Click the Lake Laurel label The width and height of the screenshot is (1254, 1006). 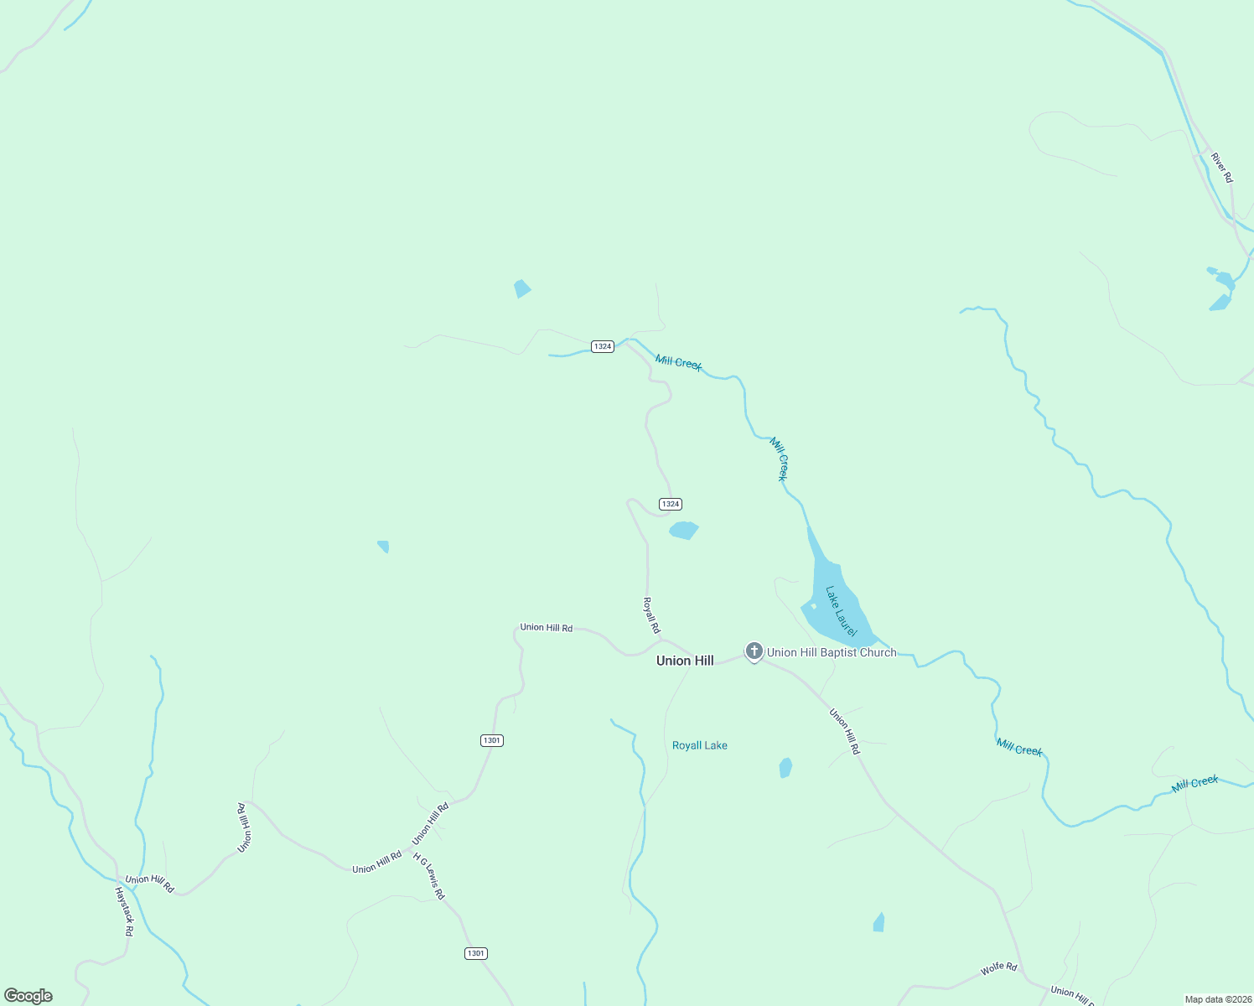coord(841,611)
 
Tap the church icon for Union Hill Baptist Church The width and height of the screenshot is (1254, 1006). coord(754,651)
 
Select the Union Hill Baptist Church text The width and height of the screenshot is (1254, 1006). coord(832,652)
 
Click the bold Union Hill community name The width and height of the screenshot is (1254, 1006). coord(685,661)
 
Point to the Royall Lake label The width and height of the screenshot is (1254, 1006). coord(700,745)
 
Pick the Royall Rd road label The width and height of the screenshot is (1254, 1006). coord(651,615)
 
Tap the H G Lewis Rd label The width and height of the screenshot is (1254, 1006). coord(429,876)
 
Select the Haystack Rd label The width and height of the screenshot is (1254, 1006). coord(124,911)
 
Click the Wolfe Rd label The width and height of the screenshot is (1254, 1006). coord(998,969)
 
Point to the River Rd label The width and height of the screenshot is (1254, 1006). coord(1222,168)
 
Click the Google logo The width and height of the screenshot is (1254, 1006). coord(28,996)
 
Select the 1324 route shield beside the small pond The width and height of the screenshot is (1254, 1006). coord(671,504)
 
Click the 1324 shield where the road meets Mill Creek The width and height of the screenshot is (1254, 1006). coord(603,346)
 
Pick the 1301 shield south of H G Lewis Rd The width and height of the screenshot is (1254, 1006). coord(475,953)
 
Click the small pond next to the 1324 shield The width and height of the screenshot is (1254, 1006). coord(684,530)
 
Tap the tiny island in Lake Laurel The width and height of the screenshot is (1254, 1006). coord(813,606)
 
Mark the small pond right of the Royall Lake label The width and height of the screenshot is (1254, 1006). coord(785,768)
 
